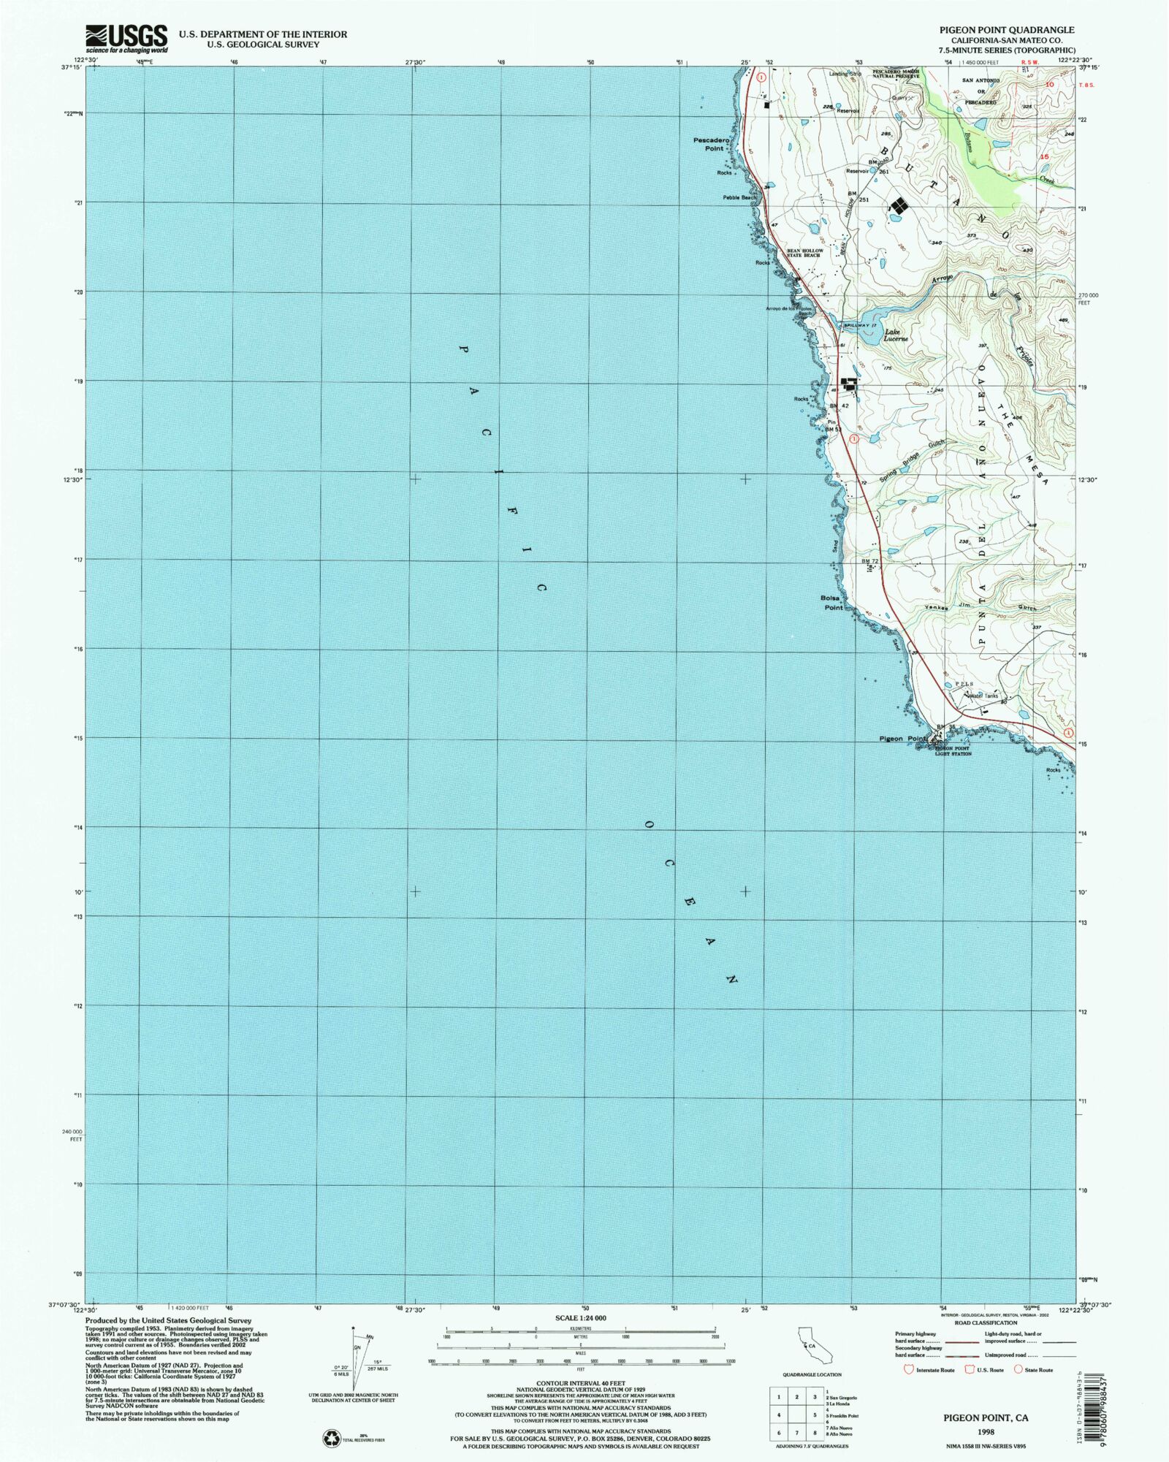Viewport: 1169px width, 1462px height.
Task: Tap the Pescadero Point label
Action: pos(708,144)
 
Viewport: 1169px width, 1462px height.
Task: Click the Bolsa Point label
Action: pos(833,602)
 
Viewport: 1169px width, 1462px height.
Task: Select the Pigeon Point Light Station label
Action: pos(953,751)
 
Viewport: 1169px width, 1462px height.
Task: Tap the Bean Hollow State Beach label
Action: pos(804,254)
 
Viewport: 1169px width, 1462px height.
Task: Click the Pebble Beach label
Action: pos(739,198)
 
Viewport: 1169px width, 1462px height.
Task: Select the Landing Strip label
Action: pos(845,74)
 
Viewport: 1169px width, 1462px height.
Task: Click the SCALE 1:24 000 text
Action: pos(581,1318)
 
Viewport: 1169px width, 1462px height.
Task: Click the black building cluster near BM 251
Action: pos(896,209)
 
